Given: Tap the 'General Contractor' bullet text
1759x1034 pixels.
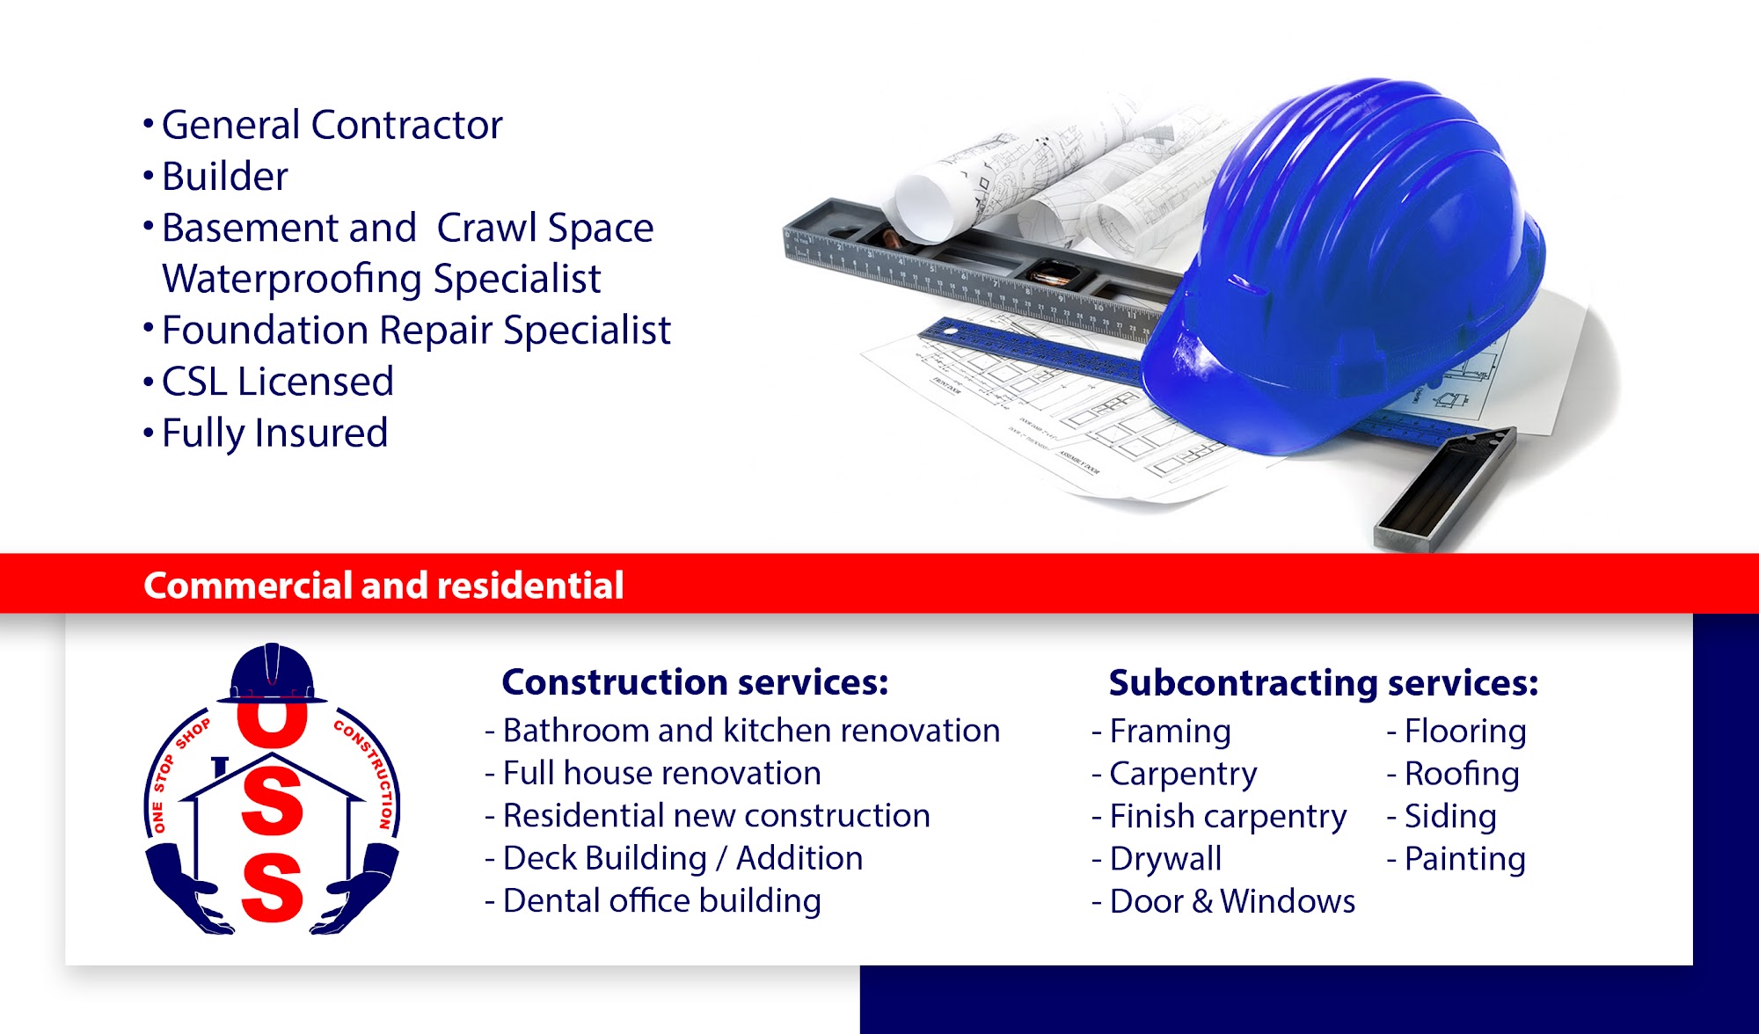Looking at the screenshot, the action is coord(332,125).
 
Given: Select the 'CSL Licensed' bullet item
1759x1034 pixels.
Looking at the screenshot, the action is coord(277,382).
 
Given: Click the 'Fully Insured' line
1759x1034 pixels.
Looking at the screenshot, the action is coord(274,433).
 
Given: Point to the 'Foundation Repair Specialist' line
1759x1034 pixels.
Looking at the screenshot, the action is coord(416,331).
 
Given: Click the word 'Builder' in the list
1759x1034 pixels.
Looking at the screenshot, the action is coord(224,177).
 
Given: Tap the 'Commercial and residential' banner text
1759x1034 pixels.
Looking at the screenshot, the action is coord(383,586).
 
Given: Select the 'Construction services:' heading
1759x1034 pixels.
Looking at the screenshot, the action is coord(695,682).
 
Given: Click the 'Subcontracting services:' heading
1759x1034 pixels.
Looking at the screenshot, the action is coord(1324,683).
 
